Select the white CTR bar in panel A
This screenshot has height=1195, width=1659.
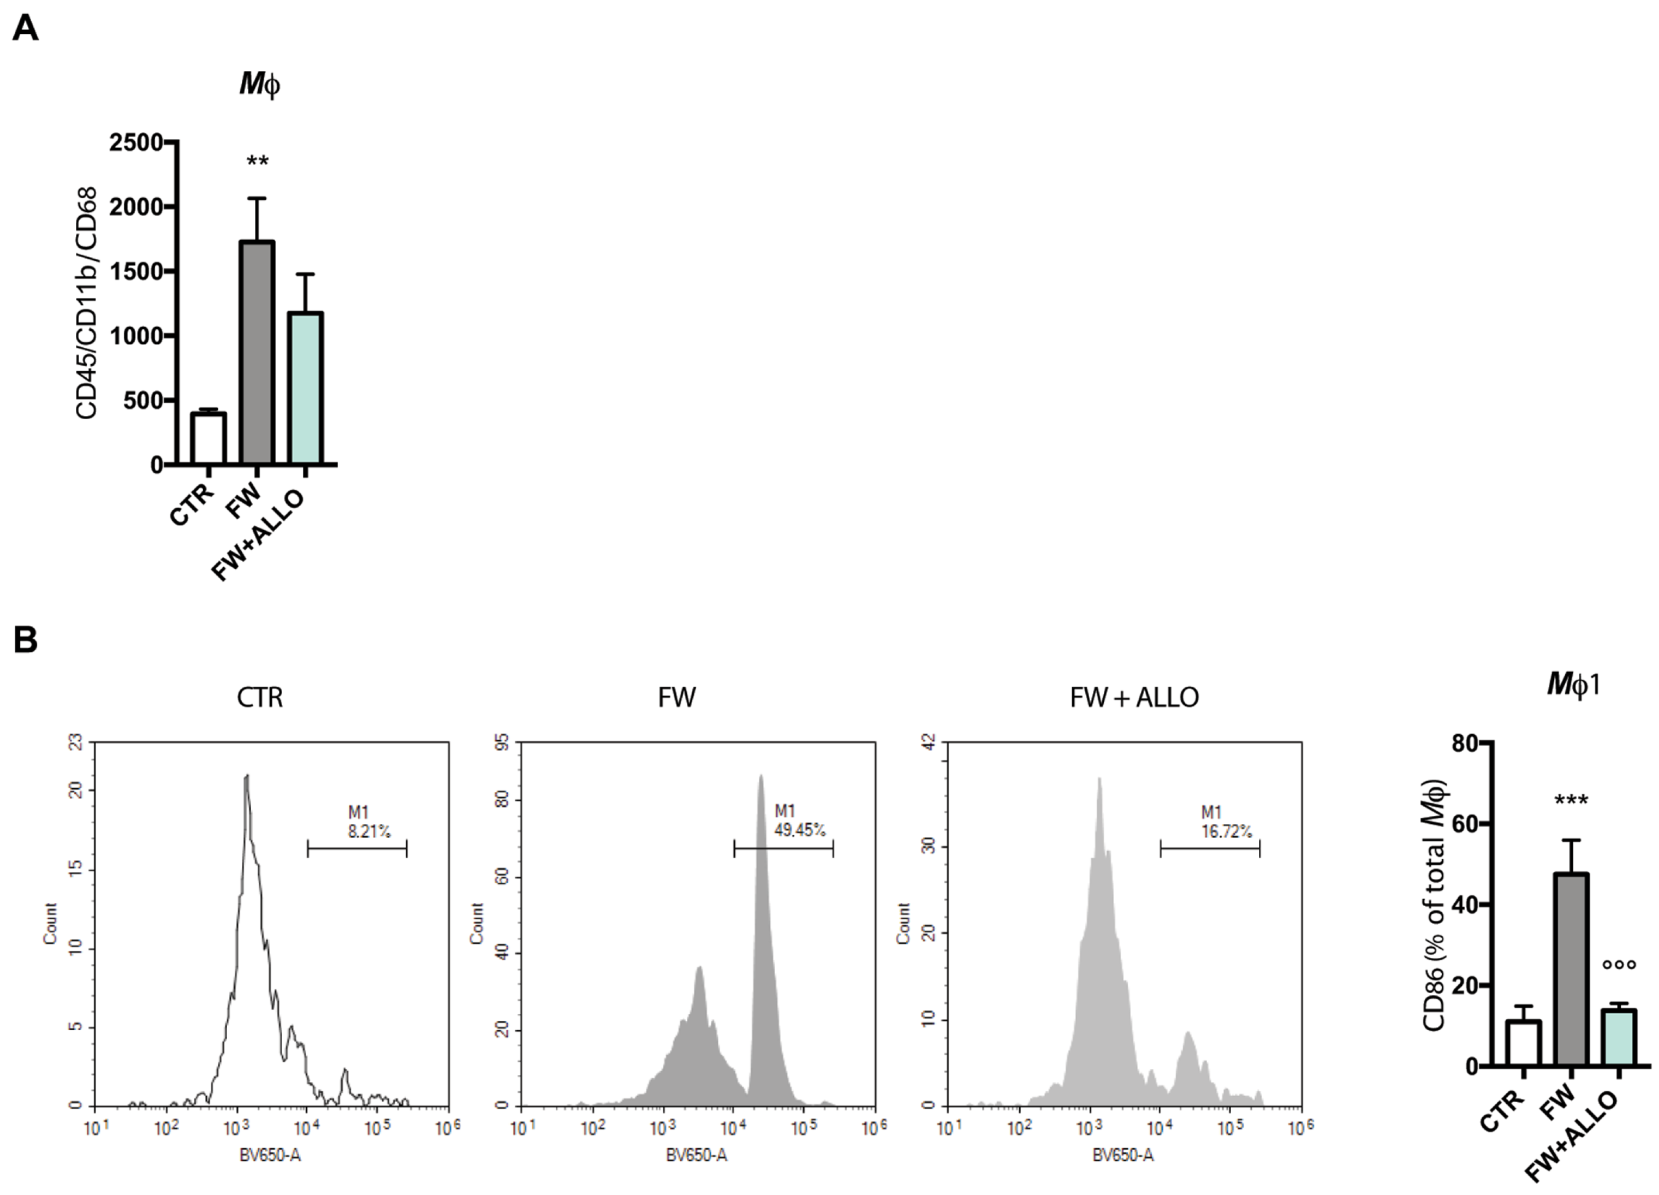(209, 439)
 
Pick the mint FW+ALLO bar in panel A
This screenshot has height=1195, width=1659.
(306, 388)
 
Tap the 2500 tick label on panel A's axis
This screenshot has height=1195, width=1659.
(136, 142)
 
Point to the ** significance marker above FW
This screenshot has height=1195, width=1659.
(258, 162)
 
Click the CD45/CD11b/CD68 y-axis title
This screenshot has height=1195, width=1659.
(86, 303)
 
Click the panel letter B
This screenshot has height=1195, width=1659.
(26, 640)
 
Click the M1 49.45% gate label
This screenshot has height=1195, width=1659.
(799, 821)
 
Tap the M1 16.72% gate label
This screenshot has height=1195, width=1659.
(1226, 821)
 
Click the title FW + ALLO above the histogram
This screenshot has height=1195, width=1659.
(1134, 697)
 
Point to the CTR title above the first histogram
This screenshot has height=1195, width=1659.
(260, 697)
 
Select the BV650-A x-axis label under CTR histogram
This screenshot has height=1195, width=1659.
(270, 1156)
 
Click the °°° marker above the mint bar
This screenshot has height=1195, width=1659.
(1618, 965)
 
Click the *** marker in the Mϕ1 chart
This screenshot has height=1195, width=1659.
(1571, 800)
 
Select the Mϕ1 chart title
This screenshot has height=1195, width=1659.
(1573, 685)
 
